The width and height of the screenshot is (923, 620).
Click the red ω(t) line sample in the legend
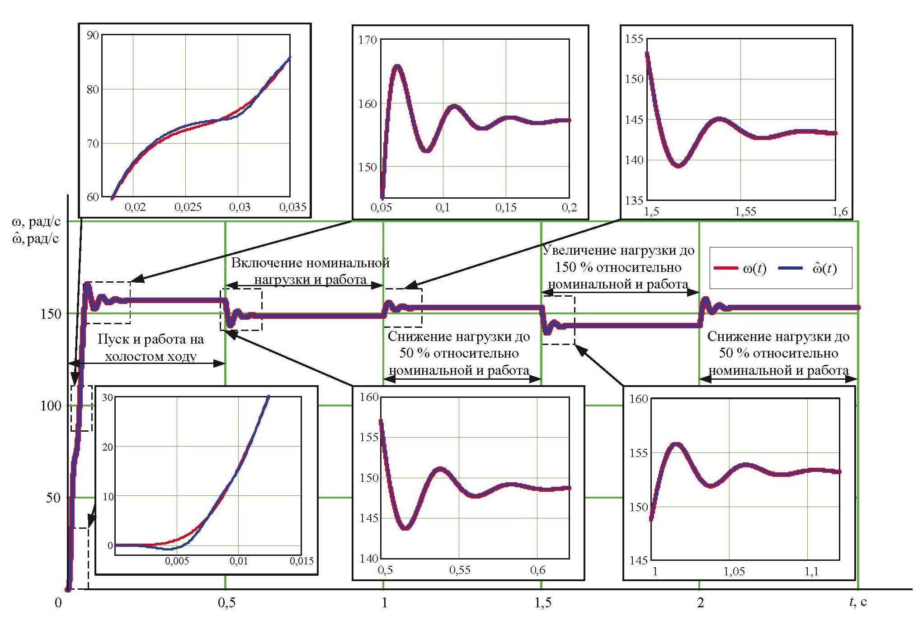tap(725, 269)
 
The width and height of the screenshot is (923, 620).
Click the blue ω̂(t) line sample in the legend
tap(791, 269)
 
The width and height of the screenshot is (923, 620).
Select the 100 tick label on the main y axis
tap(51, 406)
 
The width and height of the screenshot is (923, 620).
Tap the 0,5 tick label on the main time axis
tap(226, 603)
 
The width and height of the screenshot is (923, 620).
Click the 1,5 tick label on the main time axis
tap(543, 603)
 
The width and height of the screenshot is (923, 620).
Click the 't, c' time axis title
tap(857, 602)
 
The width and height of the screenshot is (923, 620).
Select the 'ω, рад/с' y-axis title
tap(36, 221)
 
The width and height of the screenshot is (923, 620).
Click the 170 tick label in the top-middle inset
tap(367, 40)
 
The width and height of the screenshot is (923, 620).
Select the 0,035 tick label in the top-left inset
tap(293, 207)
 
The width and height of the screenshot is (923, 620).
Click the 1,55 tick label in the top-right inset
tap(745, 211)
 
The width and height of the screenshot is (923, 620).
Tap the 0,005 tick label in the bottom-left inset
tap(177, 561)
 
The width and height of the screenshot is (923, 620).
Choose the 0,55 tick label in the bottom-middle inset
tap(460, 570)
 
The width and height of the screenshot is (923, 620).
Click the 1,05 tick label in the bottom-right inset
tap(734, 572)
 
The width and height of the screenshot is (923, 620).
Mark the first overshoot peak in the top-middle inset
tap(397, 66)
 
